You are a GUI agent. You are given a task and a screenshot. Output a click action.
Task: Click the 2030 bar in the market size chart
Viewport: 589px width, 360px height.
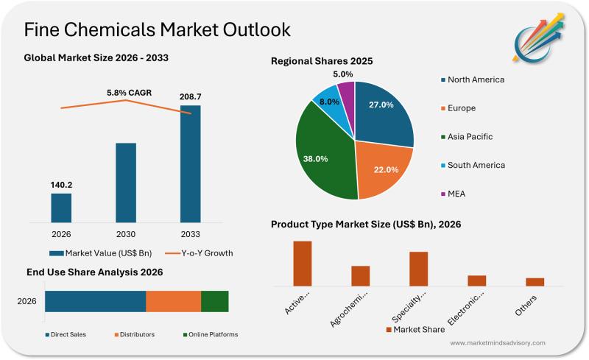pyautogui.click(x=126, y=182)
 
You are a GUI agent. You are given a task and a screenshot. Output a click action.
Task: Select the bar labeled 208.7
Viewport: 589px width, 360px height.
pyautogui.click(x=190, y=163)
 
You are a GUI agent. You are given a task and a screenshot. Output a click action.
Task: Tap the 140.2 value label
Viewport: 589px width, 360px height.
pyautogui.click(x=61, y=185)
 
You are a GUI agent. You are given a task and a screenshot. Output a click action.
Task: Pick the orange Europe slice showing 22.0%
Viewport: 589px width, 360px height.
pyautogui.click(x=382, y=169)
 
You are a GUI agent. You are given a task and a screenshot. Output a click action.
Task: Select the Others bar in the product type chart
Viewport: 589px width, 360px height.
pyautogui.click(x=535, y=281)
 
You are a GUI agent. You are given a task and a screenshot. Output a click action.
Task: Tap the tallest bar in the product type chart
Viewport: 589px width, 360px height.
pyautogui.click(x=303, y=263)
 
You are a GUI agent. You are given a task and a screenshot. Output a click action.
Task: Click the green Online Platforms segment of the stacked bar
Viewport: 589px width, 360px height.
pyautogui.click(x=214, y=301)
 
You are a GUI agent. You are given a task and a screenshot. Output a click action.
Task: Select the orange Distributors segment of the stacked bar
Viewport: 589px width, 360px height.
pyautogui.click(x=173, y=301)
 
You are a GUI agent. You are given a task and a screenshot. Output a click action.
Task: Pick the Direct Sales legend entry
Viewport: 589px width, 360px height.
pyautogui.click(x=66, y=334)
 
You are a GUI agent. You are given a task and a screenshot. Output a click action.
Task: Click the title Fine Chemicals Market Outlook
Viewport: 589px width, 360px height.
pyautogui.click(x=158, y=29)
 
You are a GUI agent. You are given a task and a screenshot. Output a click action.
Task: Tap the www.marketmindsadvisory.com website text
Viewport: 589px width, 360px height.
pyautogui.click(x=498, y=343)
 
